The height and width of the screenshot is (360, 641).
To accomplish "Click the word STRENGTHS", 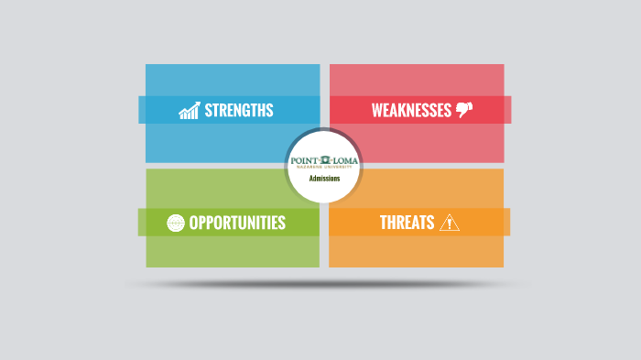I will coord(239,111).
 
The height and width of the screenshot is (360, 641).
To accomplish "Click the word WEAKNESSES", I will coord(411,111).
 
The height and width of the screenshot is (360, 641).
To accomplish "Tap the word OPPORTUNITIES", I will coord(237,223).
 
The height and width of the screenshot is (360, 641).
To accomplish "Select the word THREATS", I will coord(407,223).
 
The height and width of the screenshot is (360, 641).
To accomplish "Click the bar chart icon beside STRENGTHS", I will coord(190,111).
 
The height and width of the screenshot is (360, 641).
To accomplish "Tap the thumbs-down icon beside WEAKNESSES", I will coord(464,111).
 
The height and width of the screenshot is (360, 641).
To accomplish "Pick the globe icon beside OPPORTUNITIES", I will coord(176,223).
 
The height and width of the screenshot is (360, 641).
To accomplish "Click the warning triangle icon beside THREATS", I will coord(450,223).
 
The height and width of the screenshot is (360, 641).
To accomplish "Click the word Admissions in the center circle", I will coord(324,179).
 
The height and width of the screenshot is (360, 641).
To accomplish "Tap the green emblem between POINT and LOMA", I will coord(324,161).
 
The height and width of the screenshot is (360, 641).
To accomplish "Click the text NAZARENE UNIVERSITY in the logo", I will coord(324,169).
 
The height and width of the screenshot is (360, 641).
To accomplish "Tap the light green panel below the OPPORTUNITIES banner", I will coord(233,251).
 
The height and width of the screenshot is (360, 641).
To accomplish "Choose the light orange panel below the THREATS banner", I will coord(416,251).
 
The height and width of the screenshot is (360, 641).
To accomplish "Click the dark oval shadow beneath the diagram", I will coord(324,284).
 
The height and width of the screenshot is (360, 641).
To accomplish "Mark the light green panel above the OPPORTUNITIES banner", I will coord(214,189).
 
